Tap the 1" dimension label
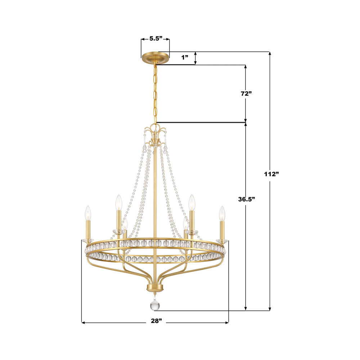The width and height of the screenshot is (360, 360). click(185, 57)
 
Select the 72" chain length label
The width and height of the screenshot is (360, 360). click(246, 93)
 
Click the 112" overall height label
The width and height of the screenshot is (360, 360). click(271, 174)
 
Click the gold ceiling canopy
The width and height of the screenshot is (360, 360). click(155, 58)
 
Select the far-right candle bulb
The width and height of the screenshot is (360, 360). click(222, 213)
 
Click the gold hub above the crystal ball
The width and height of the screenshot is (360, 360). click(155, 288)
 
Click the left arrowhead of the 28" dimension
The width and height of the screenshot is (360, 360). click(83, 323)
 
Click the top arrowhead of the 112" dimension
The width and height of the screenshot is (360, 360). click(270, 54)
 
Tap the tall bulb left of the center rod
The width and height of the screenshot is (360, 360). click(118, 202)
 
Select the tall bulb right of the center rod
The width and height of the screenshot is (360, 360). click(192, 202)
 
